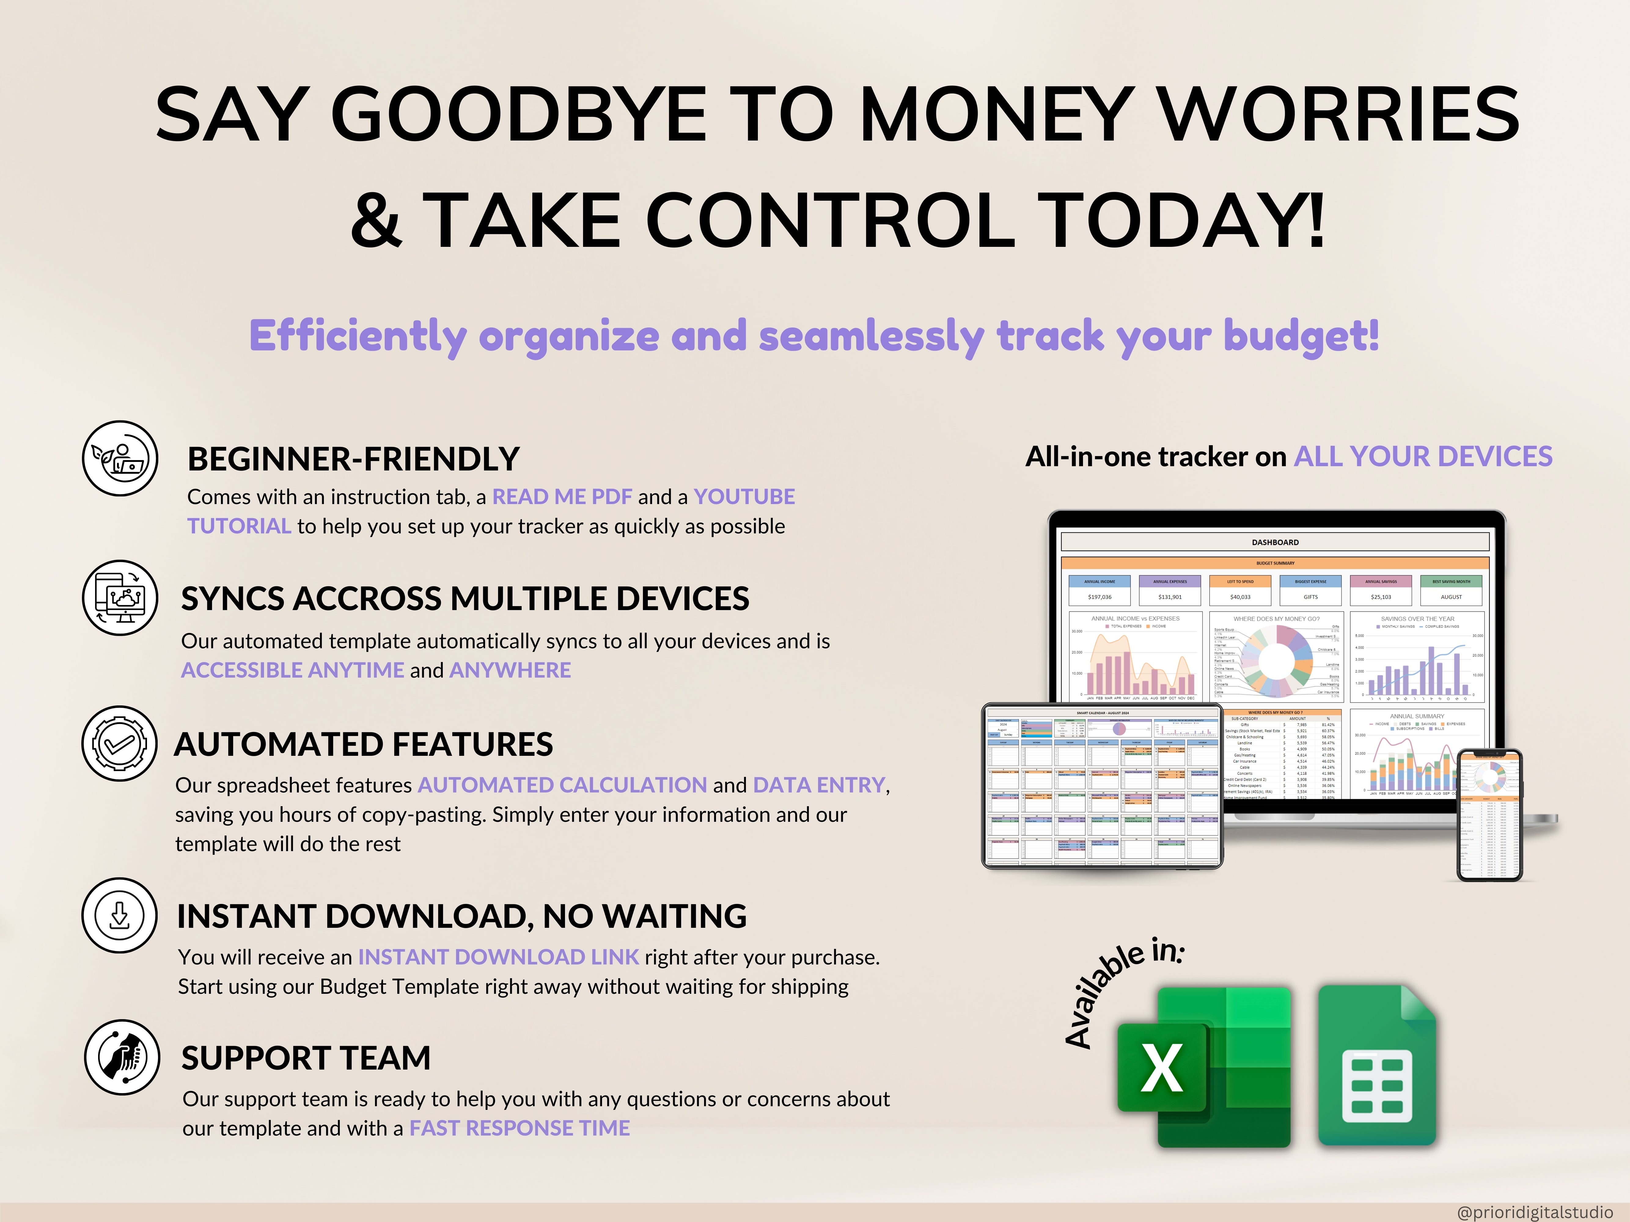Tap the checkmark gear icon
[x=119, y=744]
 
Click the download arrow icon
[x=119, y=916]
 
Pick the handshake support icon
[x=122, y=1057]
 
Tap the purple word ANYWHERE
[x=510, y=670]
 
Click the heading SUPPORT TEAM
[x=306, y=1058]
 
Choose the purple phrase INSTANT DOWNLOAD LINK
[x=498, y=957]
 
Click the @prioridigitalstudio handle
[x=1534, y=1212]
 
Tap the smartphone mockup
[x=1489, y=815]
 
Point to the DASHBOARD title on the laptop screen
[x=1275, y=542]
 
